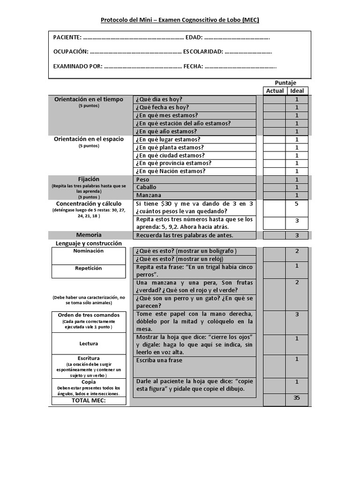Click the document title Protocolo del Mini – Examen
(180, 20)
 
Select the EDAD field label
(194, 37)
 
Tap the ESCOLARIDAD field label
(203, 52)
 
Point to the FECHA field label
(193, 66)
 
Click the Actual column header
(275, 91)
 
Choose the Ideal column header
(297, 91)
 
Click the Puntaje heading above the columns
(285, 82)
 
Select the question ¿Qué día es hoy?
(159, 99)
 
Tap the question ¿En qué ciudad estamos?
(170, 155)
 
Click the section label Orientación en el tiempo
(89, 99)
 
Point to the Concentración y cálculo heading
(89, 203)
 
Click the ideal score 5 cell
(297, 204)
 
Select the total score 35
(297, 397)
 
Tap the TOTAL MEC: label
(89, 401)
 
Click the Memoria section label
(89, 234)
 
